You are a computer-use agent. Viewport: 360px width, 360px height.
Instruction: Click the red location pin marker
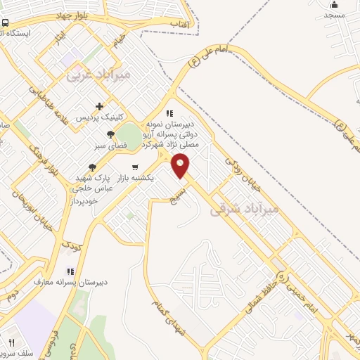pyautogui.click(x=181, y=166)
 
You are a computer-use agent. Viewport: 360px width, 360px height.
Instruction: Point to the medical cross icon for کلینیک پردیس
pyautogui.click(x=99, y=105)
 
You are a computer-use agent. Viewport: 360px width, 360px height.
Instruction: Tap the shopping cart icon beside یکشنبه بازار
pyautogui.click(x=135, y=167)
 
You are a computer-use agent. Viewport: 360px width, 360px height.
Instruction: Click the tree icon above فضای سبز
pyautogui.click(x=110, y=134)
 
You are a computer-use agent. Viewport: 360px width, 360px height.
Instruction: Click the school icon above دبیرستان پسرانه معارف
pyautogui.click(x=70, y=271)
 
